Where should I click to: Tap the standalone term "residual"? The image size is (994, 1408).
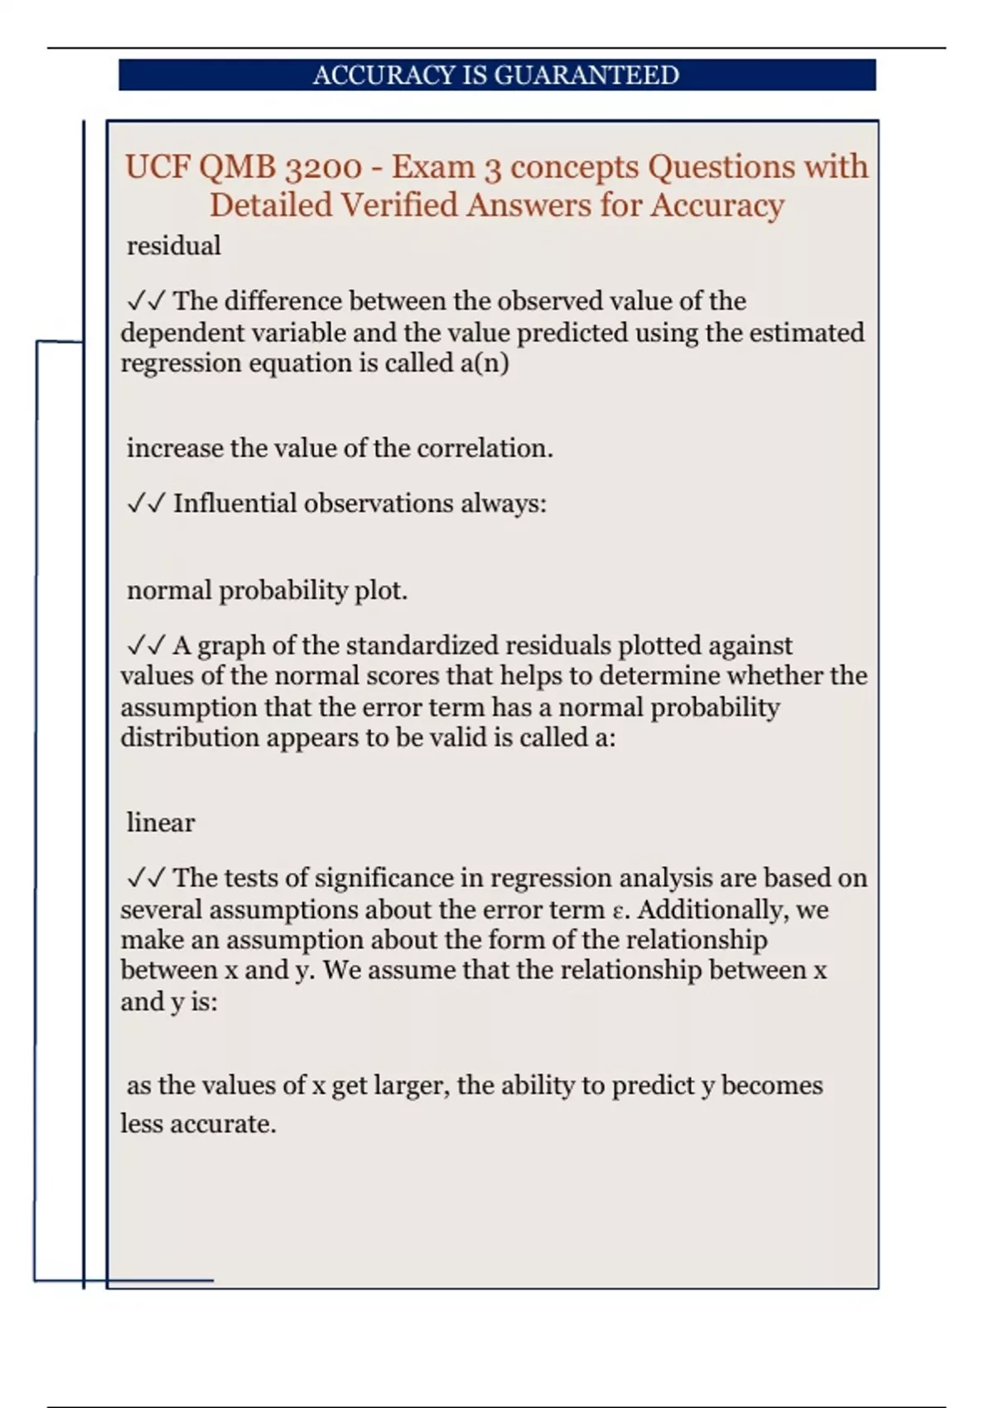pos(174,246)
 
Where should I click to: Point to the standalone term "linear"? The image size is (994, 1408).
pos(161,823)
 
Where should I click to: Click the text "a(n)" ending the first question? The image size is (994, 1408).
pos(484,364)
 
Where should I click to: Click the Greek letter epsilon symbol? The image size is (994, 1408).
pos(616,911)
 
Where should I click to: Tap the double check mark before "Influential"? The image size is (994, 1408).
pos(146,504)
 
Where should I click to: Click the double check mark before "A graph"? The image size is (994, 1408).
pos(146,646)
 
